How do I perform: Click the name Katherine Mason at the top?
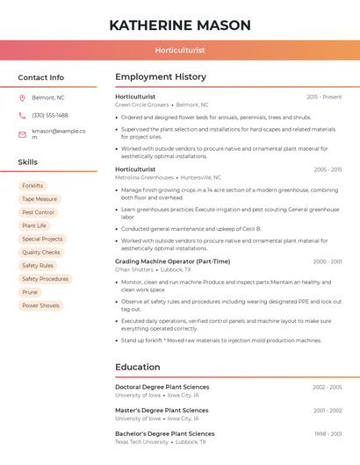click(180, 25)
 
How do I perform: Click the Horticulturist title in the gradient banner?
click(180, 50)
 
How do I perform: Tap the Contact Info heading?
click(41, 77)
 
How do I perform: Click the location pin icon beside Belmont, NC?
click(22, 97)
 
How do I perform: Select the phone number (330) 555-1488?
click(50, 115)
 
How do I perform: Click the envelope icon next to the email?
click(22, 134)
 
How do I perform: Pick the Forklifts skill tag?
click(32, 186)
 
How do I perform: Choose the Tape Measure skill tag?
click(40, 199)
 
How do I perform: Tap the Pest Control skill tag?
click(39, 212)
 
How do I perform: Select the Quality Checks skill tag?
click(41, 252)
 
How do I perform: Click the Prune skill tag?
click(30, 292)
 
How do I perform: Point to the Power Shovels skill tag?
click(41, 305)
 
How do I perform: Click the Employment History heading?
click(161, 77)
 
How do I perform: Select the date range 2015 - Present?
click(324, 97)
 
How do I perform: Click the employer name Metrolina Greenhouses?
click(145, 177)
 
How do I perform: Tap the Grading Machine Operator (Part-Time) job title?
click(172, 261)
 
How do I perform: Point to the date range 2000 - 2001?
click(327, 261)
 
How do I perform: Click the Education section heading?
click(138, 367)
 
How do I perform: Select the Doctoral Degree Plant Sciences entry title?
click(162, 387)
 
